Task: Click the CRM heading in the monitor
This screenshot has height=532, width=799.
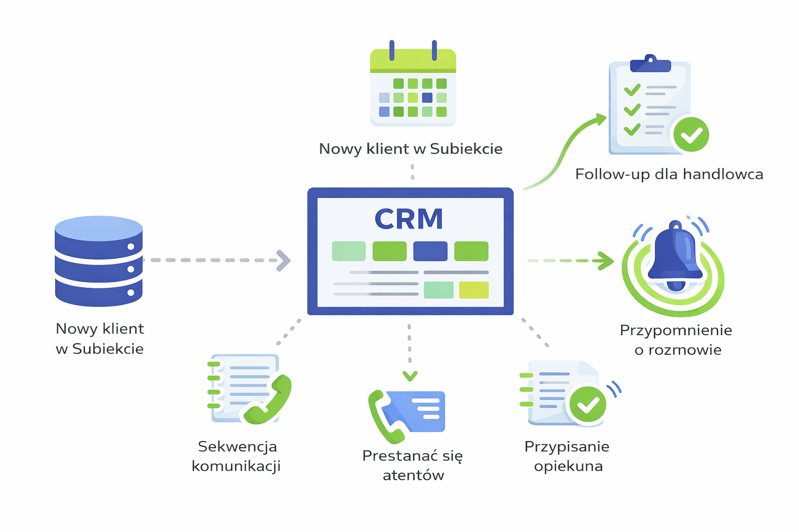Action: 409,219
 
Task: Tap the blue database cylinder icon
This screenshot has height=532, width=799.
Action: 99,261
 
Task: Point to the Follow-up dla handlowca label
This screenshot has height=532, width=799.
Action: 669,174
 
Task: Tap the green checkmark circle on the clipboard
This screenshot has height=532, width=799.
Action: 691,134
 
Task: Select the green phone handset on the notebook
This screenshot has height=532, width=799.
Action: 268,401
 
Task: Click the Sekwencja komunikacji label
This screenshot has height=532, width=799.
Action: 237,456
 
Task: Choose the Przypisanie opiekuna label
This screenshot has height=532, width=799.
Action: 568,456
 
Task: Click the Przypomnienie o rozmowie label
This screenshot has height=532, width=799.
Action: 676,340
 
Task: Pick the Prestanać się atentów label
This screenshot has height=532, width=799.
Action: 413,465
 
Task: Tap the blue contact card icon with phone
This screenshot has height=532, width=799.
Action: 411,413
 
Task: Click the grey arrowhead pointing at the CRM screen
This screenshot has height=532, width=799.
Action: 283,260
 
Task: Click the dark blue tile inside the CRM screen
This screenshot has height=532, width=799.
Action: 430,251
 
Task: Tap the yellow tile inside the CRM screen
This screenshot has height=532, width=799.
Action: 473,290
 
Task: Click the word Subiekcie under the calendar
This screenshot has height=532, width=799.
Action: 466,149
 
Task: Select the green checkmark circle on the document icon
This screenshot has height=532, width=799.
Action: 588,404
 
